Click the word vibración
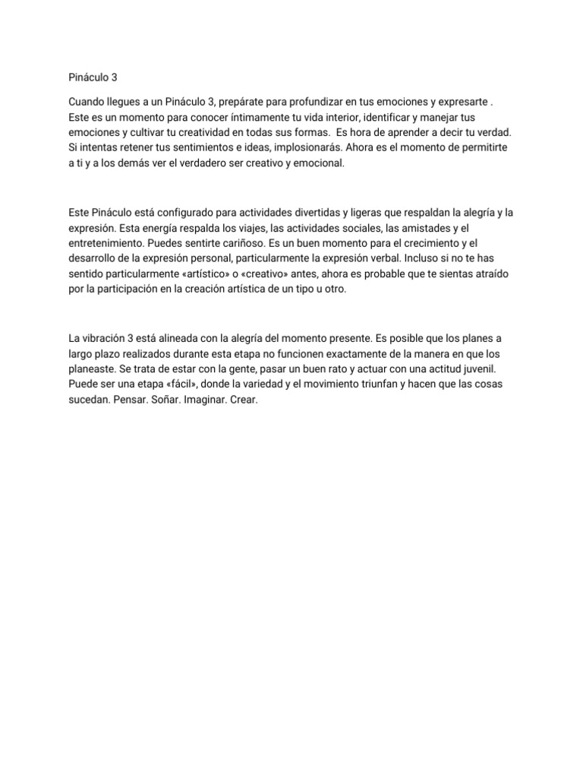coord(106,338)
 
